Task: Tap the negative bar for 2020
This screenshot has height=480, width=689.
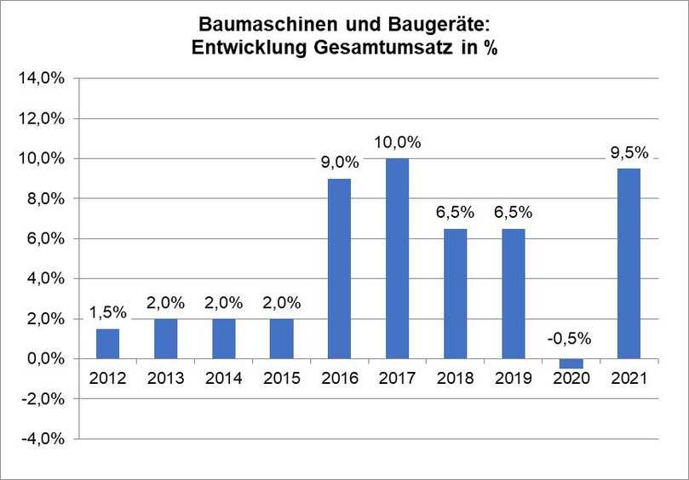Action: click(571, 363)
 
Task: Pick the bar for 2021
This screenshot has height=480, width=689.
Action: click(629, 263)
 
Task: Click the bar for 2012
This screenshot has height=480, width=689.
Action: click(107, 343)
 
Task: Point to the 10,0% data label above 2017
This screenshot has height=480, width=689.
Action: click(397, 143)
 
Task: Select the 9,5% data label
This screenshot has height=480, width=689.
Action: click(629, 153)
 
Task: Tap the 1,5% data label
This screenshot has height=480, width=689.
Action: click(107, 312)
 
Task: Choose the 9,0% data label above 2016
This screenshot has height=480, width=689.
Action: click(339, 163)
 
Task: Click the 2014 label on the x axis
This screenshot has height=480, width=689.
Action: click(223, 378)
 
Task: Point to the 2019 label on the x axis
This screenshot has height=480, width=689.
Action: click(514, 378)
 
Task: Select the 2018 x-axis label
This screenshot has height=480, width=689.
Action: click(456, 378)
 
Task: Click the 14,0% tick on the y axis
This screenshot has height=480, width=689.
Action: click(43, 79)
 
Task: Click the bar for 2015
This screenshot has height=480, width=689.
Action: click(281, 339)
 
